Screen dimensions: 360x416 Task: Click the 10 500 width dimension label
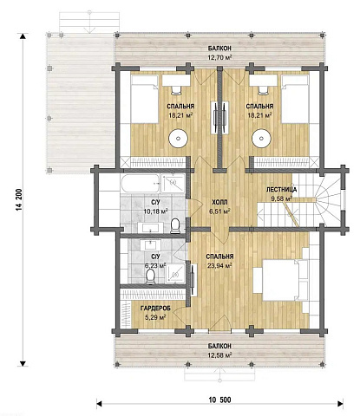(220, 400)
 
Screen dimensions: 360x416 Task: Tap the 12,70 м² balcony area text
(219, 57)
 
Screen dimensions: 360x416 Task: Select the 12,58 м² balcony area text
(219, 354)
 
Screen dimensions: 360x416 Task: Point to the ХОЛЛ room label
(219, 202)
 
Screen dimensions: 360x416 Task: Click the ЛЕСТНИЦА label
(281, 190)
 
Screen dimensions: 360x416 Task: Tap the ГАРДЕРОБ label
(155, 309)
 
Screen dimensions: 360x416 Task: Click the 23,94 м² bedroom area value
(219, 265)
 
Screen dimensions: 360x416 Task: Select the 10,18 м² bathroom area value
(156, 211)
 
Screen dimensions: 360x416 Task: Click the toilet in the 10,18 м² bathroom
(175, 226)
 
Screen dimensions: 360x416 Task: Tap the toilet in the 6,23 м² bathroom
(150, 276)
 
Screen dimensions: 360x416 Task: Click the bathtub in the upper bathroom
(141, 183)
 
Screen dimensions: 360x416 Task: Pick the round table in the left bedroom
(179, 139)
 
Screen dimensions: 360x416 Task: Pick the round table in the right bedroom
(261, 139)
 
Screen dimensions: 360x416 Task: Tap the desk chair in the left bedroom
(176, 90)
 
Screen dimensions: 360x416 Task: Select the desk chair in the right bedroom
(263, 90)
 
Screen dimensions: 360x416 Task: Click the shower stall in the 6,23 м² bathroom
(175, 273)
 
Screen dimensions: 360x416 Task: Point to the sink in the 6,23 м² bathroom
(150, 245)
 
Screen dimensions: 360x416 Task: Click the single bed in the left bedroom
(145, 100)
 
